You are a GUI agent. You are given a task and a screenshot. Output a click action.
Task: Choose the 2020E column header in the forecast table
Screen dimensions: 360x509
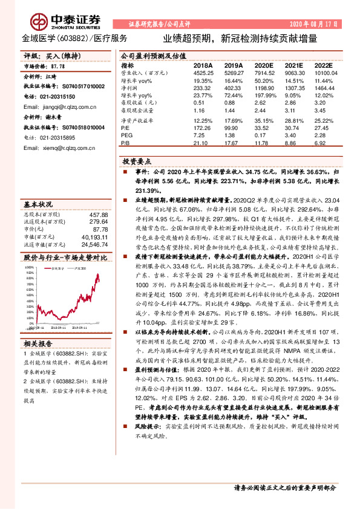click(264, 65)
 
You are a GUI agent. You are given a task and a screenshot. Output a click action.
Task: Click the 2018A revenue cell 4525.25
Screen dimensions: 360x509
click(203, 72)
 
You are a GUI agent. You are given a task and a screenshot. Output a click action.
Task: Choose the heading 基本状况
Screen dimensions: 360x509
click(38, 204)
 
